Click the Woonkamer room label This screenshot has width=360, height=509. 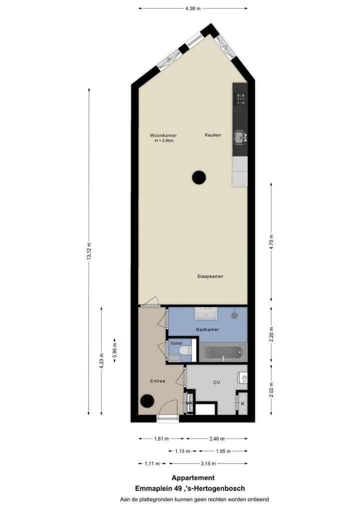tap(163, 135)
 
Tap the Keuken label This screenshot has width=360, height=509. tap(213, 135)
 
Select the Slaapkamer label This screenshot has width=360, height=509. tap(210, 276)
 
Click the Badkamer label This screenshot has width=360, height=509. tap(207, 329)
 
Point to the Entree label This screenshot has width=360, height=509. tap(158, 381)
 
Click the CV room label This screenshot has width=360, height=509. tap(217, 382)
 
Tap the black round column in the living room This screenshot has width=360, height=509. tap(199, 177)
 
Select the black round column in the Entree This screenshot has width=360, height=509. tap(147, 401)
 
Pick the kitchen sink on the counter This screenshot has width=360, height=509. tap(240, 137)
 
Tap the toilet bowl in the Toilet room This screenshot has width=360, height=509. tap(186, 350)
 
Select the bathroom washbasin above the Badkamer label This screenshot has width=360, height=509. tap(206, 313)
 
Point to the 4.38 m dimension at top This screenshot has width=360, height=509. tap(193, 8)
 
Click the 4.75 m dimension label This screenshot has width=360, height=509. tap(271, 241)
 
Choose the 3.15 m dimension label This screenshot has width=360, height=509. tap(208, 463)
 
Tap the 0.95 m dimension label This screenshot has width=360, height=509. tap(114, 350)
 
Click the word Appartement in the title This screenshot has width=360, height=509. tap(193, 478)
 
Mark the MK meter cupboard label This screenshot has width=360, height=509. tap(189, 403)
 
